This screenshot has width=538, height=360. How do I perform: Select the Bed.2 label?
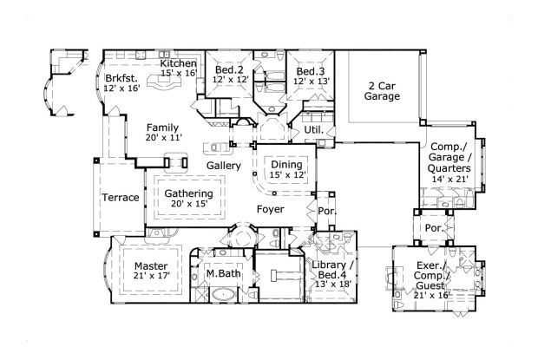(x=230, y=69)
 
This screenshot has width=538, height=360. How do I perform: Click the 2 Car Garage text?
(x=382, y=91)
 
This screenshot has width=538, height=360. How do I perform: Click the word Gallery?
(x=224, y=165)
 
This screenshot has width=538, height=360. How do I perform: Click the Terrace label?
(x=120, y=198)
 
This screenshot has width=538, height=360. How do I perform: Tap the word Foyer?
(x=272, y=209)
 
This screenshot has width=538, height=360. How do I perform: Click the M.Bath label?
(x=222, y=274)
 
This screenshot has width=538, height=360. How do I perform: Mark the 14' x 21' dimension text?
(x=449, y=180)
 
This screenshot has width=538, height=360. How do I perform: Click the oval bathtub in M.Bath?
(x=222, y=295)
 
